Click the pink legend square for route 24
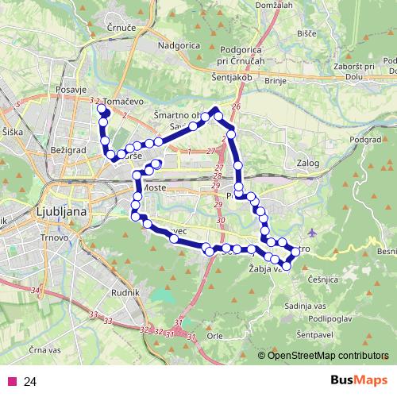[10, 382]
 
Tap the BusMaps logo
[360, 382]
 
